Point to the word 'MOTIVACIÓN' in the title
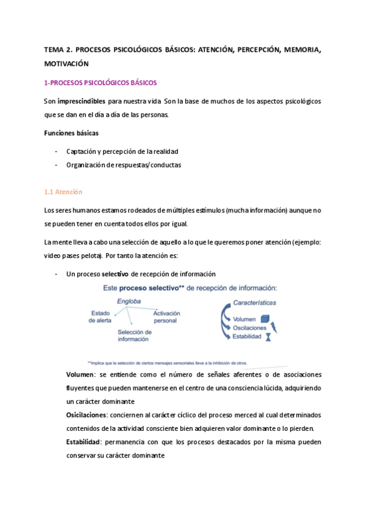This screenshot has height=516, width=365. (66, 63)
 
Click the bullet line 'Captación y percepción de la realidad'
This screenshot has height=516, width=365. (122, 151)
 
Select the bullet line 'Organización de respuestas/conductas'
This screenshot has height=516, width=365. (124, 165)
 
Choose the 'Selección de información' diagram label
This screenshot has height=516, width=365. (134, 336)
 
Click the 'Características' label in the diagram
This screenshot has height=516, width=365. (255, 302)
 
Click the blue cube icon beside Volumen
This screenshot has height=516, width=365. (264, 318)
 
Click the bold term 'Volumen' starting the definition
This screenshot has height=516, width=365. (80, 374)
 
